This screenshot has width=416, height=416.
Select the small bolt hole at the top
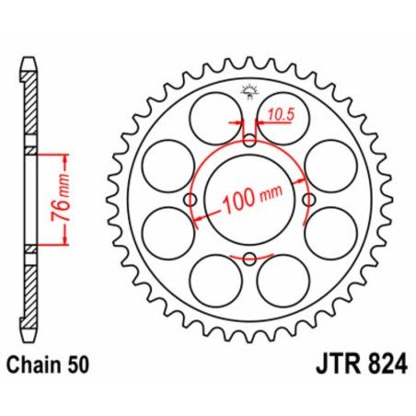[x=249, y=141]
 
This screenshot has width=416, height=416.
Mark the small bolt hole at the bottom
[x=249, y=259]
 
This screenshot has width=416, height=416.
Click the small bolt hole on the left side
[x=191, y=200]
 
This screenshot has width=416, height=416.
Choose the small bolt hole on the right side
[x=308, y=200]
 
